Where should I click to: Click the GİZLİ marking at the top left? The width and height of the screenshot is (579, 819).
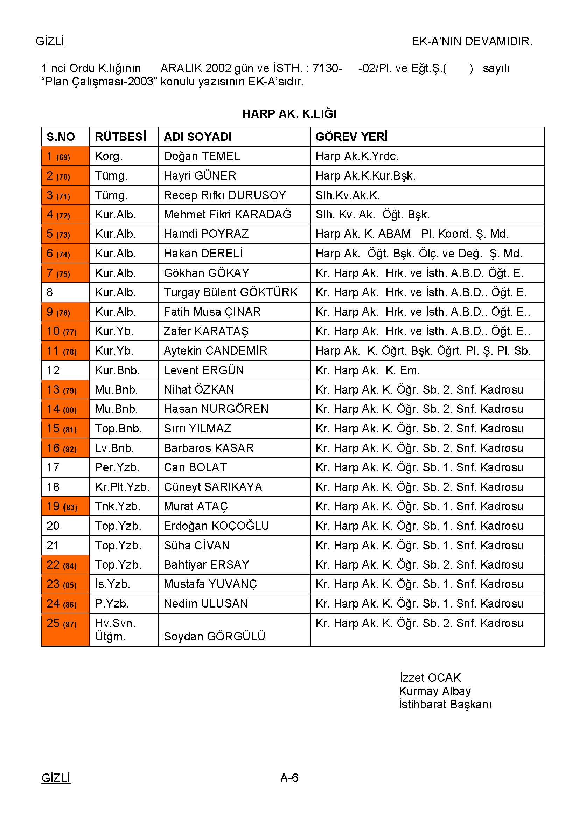50,41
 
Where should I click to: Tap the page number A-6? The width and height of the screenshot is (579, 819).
289,777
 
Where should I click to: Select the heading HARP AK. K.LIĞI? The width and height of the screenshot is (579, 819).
289,114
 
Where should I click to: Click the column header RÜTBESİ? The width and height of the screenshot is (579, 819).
120,137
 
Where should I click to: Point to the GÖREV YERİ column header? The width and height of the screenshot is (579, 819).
351,137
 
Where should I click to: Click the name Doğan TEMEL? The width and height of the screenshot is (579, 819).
202,156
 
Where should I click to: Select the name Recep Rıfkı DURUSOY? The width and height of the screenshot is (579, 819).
225,195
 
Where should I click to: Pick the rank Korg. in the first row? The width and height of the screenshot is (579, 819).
109,156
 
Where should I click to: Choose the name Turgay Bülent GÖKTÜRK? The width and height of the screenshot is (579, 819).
231,292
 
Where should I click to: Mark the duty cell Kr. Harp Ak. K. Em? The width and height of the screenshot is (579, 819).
368,370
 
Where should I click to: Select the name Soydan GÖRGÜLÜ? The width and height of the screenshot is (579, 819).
214,636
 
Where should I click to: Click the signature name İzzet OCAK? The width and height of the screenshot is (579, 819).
430,678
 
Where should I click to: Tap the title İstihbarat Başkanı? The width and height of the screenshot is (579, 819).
445,705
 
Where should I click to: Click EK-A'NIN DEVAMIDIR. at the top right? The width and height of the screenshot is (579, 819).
472,41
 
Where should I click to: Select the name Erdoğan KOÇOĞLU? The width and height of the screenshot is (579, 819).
216,526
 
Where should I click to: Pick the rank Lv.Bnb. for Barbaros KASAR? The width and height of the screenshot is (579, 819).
114,448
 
